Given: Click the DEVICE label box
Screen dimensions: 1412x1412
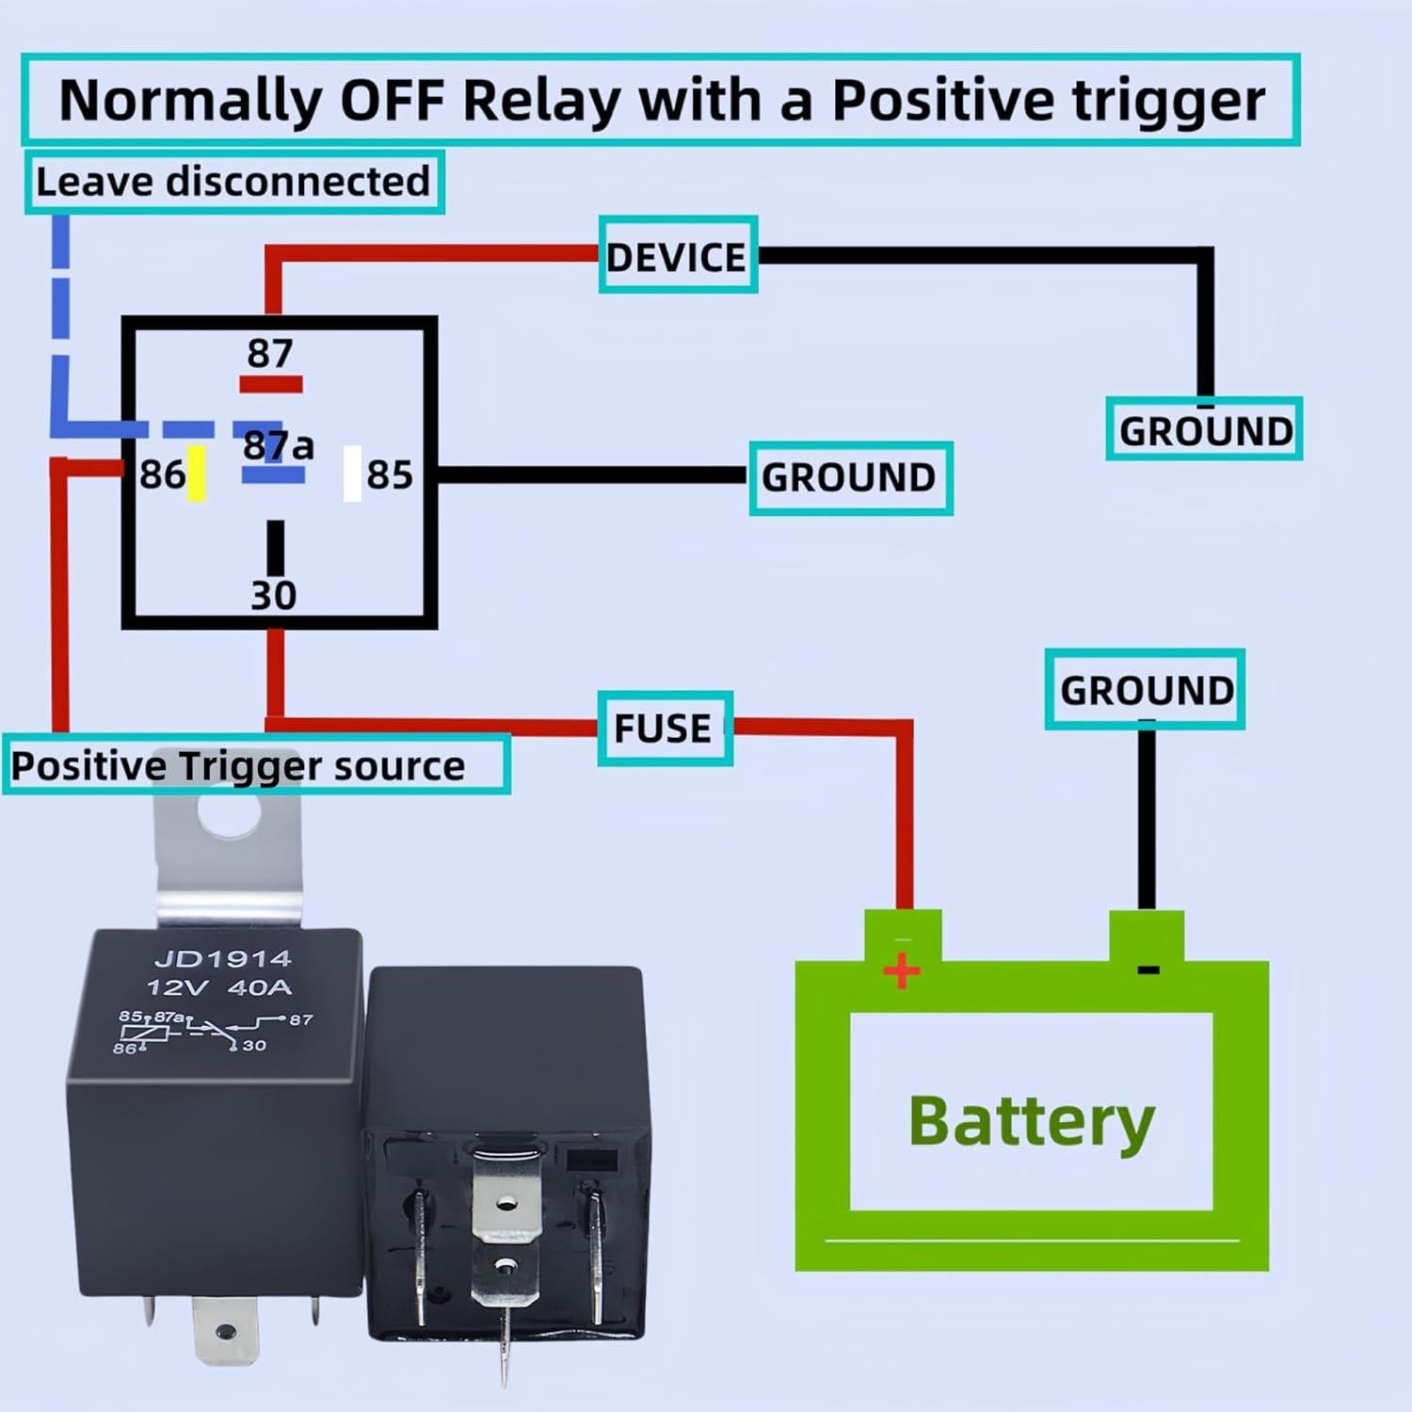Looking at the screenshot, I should pyautogui.click(x=678, y=256).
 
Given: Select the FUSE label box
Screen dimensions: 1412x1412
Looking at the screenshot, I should pyautogui.click(x=665, y=729).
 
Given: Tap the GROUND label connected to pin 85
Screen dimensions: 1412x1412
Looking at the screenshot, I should pyautogui.click(x=850, y=477).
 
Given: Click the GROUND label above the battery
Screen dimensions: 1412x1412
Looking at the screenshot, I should pyautogui.click(x=1145, y=690).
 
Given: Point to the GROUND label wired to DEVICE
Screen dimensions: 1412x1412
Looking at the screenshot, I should pyautogui.click(x=1204, y=430).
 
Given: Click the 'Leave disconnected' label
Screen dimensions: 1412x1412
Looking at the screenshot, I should pyautogui.click(x=233, y=182).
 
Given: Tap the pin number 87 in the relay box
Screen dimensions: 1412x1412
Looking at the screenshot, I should pyautogui.click(x=270, y=353).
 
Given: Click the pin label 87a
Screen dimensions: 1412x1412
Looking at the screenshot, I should pyautogui.click(x=278, y=445).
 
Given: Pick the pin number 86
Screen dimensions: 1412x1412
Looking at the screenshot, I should pyautogui.click(x=162, y=474).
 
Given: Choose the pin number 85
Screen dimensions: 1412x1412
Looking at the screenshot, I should pyautogui.click(x=390, y=474).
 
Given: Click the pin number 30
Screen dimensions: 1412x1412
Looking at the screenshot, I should pyautogui.click(x=273, y=595).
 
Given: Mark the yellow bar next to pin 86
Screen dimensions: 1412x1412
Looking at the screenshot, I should pyautogui.click(x=196, y=473).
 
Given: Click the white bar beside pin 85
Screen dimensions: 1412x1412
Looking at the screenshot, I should pyautogui.click(x=352, y=473).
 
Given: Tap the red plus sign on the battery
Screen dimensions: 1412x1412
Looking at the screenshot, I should pyautogui.click(x=902, y=970).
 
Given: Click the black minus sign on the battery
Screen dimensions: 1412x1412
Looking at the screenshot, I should pyautogui.click(x=1148, y=970).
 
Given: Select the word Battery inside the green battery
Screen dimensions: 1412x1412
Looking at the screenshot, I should pyautogui.click(x=1031, y=1120).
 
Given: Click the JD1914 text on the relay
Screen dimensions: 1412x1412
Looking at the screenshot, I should pyautogui.click(x=222, y=959).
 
